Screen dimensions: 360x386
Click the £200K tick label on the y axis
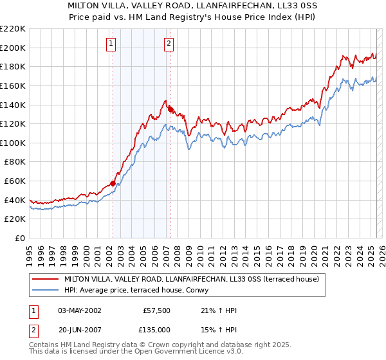point(13,48)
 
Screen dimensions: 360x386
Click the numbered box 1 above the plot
point(111,44)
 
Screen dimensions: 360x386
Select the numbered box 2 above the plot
point(169,44)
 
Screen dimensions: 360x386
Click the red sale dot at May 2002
point(113,183)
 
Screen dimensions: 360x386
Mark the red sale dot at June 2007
point(170,109)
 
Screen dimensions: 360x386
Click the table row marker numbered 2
point(32,330)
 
